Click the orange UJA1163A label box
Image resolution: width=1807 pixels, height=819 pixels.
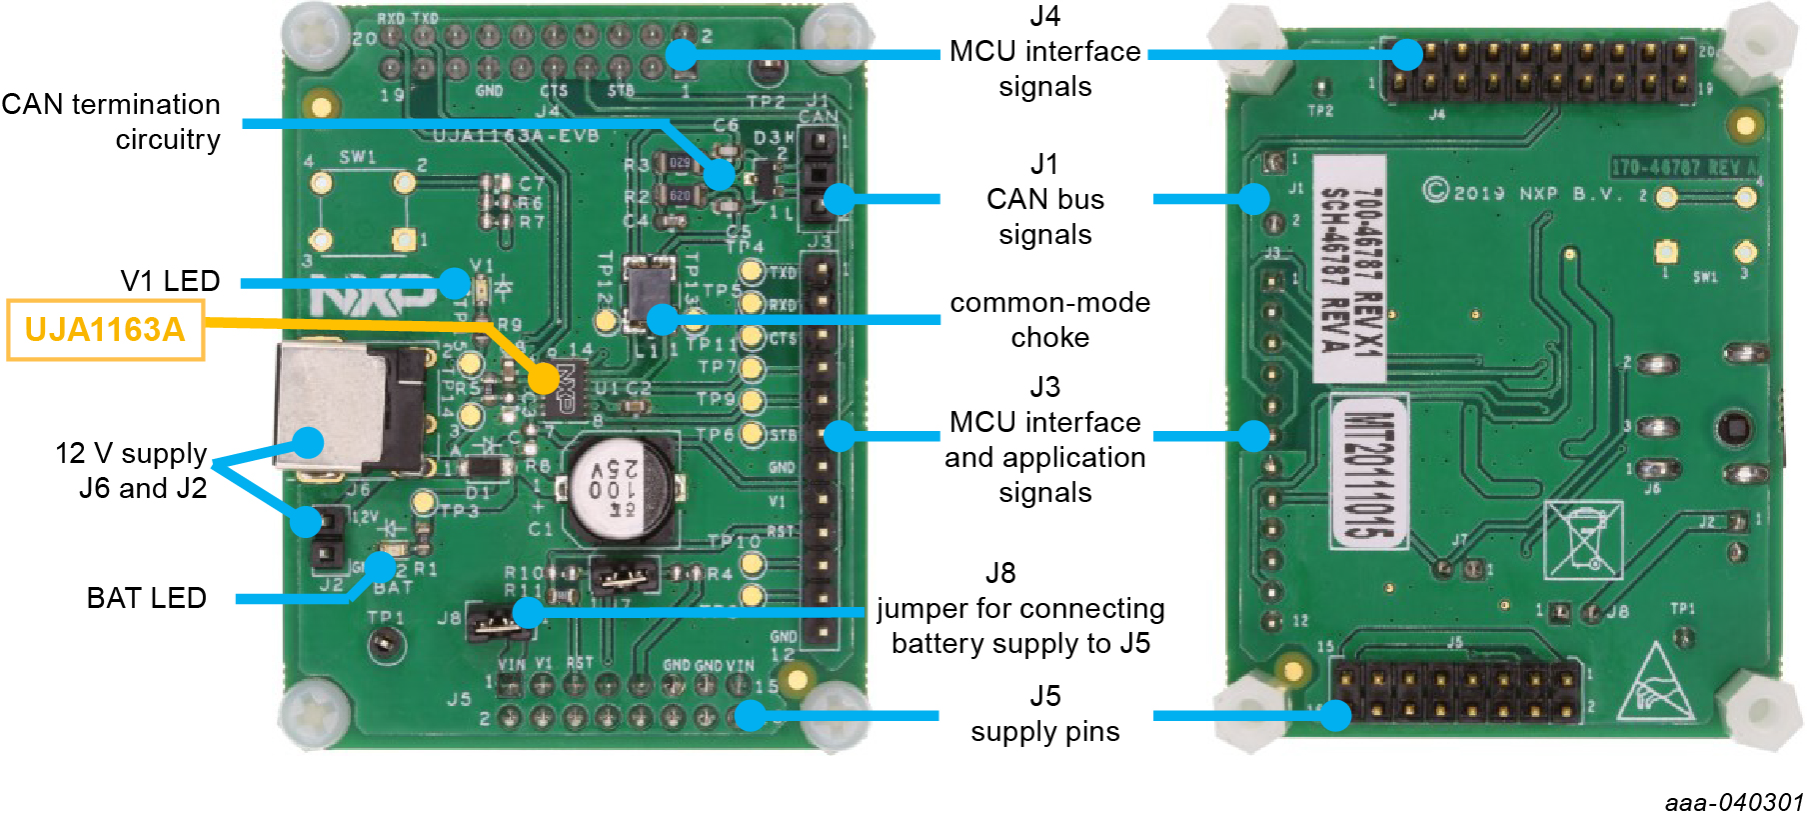tap(105, 330)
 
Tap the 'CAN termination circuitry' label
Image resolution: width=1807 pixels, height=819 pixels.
tap(111, 121)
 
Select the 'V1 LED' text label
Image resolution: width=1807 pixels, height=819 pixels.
tap(170, 281)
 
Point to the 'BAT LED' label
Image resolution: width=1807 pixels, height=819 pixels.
tap(146, 598)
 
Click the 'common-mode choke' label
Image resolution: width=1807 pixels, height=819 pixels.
tap(1049, 320)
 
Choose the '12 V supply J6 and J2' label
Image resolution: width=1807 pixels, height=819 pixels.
tap(132, 471)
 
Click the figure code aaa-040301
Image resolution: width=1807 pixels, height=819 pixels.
tap(1733, 803)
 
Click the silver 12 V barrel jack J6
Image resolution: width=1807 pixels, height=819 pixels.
tap(330, 407)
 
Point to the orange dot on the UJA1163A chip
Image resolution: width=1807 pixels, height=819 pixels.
tap(544, 378)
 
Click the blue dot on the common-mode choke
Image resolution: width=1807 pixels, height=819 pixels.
tap(661, 319)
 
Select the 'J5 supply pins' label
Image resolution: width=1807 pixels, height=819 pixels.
tap(1044, 714)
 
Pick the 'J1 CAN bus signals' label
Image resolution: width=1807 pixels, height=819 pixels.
tap(1044, 199)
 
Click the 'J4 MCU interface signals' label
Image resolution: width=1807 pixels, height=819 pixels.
tap(1044, 51)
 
